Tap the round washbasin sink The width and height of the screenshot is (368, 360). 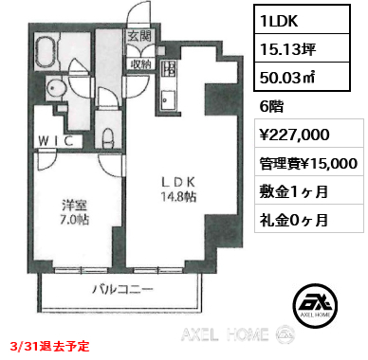click(x=57, y=87)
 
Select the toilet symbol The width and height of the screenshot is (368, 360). click(x=108, y=137)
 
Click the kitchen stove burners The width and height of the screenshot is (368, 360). click(x=168, y=69)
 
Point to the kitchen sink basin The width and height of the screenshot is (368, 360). click(x=168, y=100)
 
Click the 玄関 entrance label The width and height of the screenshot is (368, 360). click(x=139, y=36)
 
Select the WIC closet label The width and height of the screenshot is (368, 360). click(x=56, y=141)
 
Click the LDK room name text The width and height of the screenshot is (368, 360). click(x=178, y=182)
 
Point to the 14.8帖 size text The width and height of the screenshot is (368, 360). click(x=178, y=197)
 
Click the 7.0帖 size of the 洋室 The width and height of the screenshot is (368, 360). click(x=75, y=220)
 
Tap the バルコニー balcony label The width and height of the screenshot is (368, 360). click(x=122, y=289)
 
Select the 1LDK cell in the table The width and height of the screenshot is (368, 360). click(x=303, y=20)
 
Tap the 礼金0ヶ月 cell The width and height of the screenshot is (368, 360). click(x=309, y=218)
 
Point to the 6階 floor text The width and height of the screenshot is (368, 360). click(x=271, y=107)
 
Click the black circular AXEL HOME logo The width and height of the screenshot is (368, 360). click(x=315, y=306)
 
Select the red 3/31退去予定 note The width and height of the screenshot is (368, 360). click(x=49, y=347)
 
